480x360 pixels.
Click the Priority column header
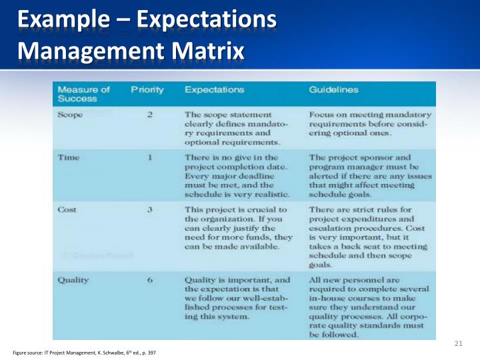click(x=147, y=89)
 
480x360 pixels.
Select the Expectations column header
click(x=214, y=89)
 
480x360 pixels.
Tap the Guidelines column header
click(x=333, y=89)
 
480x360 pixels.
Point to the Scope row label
click(x=70, y=115)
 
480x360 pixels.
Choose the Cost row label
click(x=67, y=209)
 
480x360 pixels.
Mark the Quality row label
click(x=73, y=280)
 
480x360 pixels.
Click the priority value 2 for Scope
click(x=150, y=115)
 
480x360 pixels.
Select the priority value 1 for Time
click(x=151, y=158)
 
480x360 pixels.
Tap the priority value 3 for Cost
click(x=151, y=209)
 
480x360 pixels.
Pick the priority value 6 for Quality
click(x=151, y=280)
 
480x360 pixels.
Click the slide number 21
click(x=457, y=343)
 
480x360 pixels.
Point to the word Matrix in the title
click(x=209, y=50)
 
